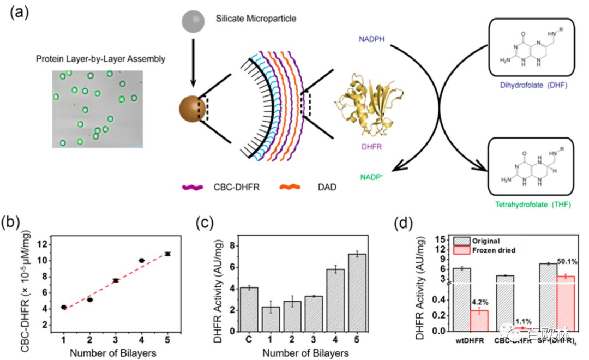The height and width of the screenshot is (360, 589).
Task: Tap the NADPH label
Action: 372,39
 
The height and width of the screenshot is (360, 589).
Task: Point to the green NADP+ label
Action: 372,177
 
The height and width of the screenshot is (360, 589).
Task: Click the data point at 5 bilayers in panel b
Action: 168,254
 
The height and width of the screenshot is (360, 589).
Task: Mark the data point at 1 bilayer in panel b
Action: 64,308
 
